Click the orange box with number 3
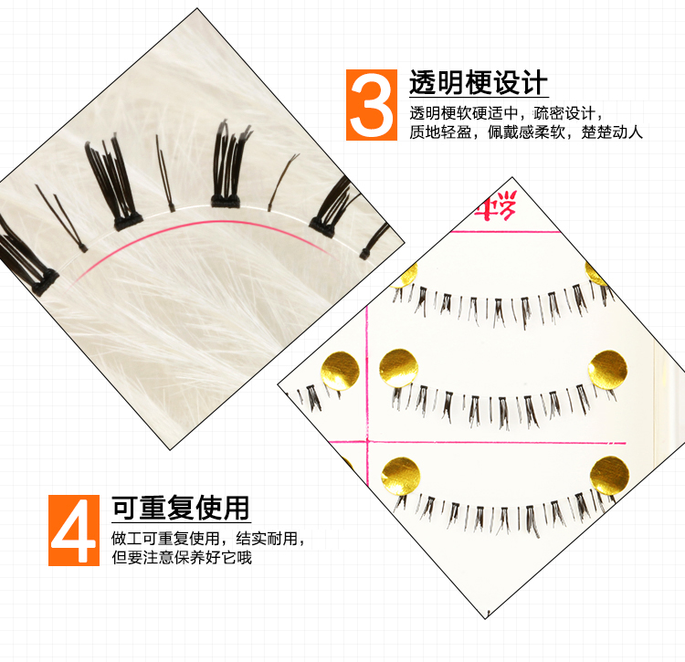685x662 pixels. click(372, 105)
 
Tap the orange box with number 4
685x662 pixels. click(74, 531)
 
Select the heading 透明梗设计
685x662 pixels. click(479, 82)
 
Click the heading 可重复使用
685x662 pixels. click(181, 508)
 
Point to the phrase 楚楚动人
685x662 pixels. click(612, 131)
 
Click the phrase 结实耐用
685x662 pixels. click(267, 539)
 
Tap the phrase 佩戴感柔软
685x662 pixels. click(526, 131)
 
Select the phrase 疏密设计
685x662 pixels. click(564, 113)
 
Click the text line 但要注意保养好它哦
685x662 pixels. click(182, 557)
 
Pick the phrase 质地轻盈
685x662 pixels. click(440, 131)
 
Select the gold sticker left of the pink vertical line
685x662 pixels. click(341, 371)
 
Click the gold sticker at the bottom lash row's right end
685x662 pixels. click(609, 476)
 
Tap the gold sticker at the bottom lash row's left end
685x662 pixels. click(401, 477)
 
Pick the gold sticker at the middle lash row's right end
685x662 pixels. click(607, 370)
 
